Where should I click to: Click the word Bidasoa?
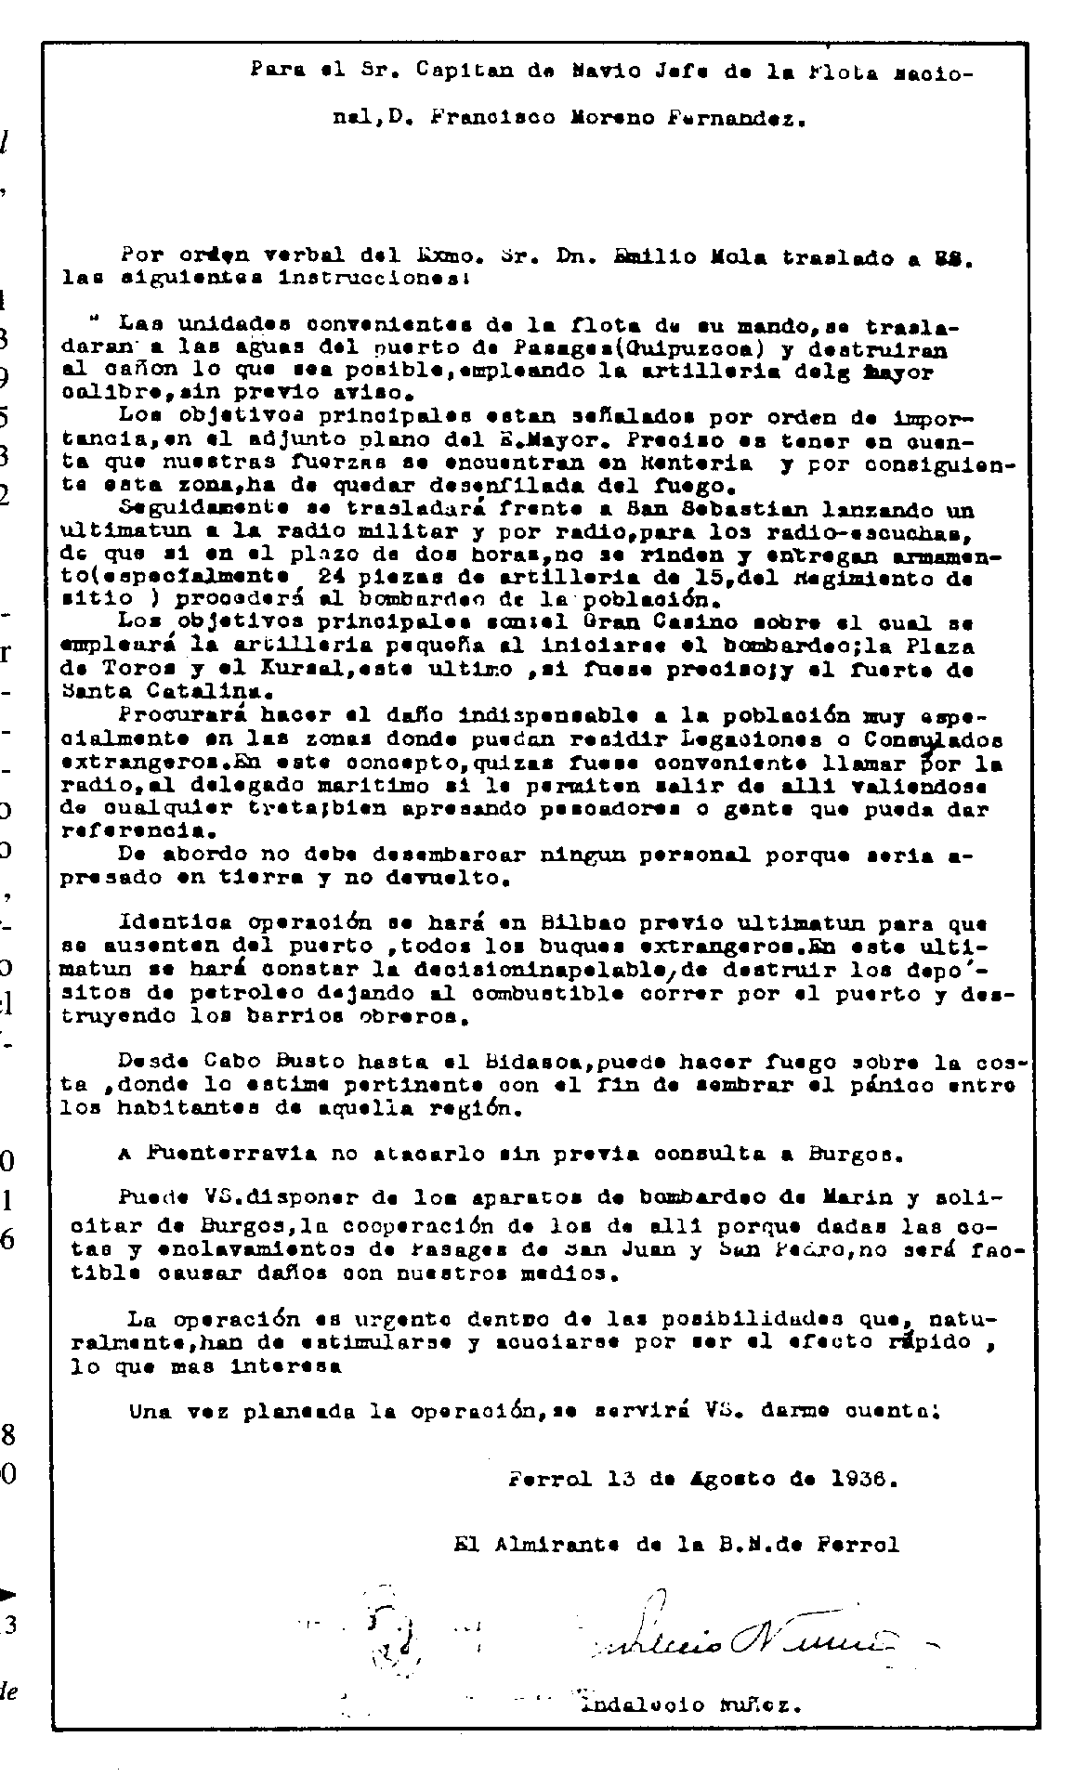tap(547, 1062)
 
